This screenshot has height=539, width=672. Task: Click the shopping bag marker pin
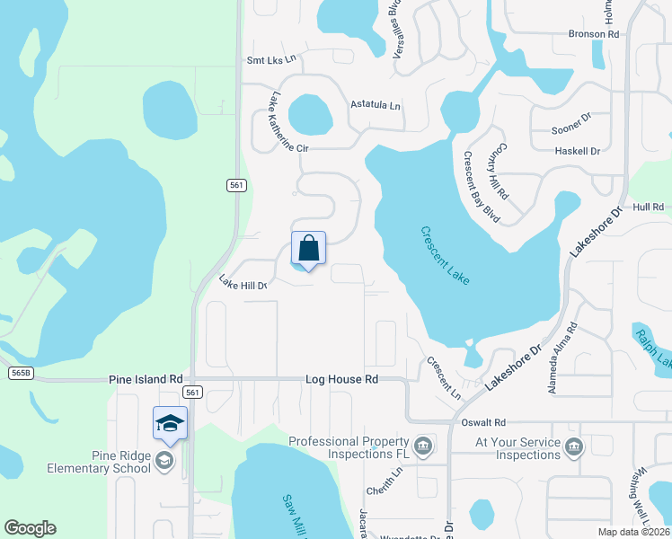click(308, 249)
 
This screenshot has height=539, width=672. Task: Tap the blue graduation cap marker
click(170, 423)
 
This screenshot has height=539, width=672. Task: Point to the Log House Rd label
click(340, 380)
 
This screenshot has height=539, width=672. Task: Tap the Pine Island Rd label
click(146, 380)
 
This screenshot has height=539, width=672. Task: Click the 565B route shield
click(20, 372)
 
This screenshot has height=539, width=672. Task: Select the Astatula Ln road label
click(376, 105)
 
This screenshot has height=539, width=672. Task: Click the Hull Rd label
click(647, 207)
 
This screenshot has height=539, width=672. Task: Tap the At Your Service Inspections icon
click(574, 443)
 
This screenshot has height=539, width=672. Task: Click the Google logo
click(31, 528)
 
